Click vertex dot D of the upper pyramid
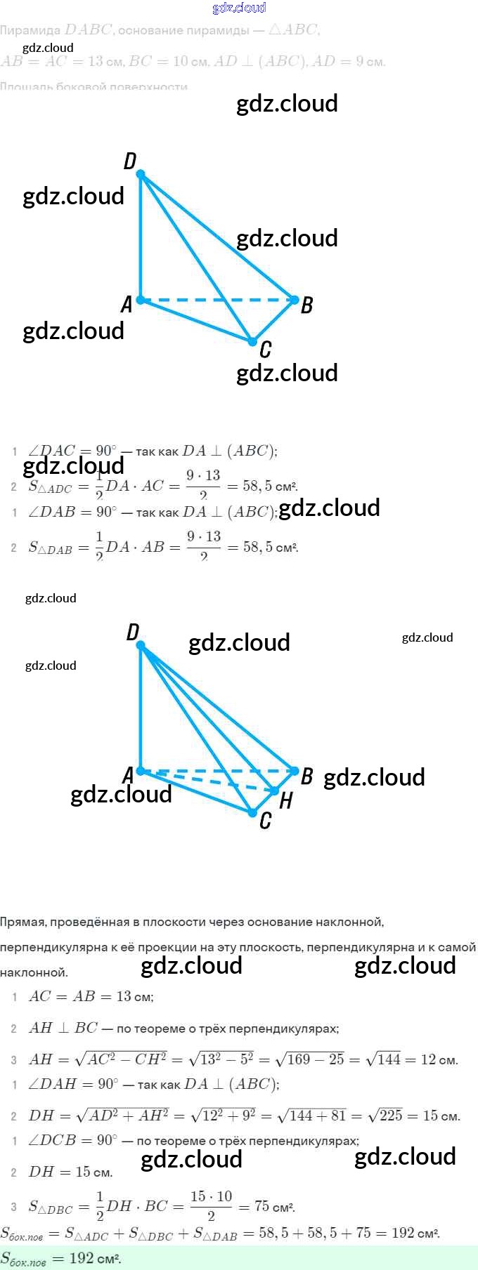click(x=141, y=173)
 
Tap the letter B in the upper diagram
click(x=306, y=305)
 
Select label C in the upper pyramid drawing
click(x=265, y=349)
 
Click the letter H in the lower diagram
click(x=285, y=800)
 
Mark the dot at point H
click(x=275, y=791)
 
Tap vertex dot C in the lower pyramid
click(x=252, y=812)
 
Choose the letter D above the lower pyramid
click(x=133, y=633)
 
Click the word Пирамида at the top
click(x=30, y=30)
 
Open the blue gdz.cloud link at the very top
click(x=239, y=8)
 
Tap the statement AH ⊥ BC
click(x=63, y=1028)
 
